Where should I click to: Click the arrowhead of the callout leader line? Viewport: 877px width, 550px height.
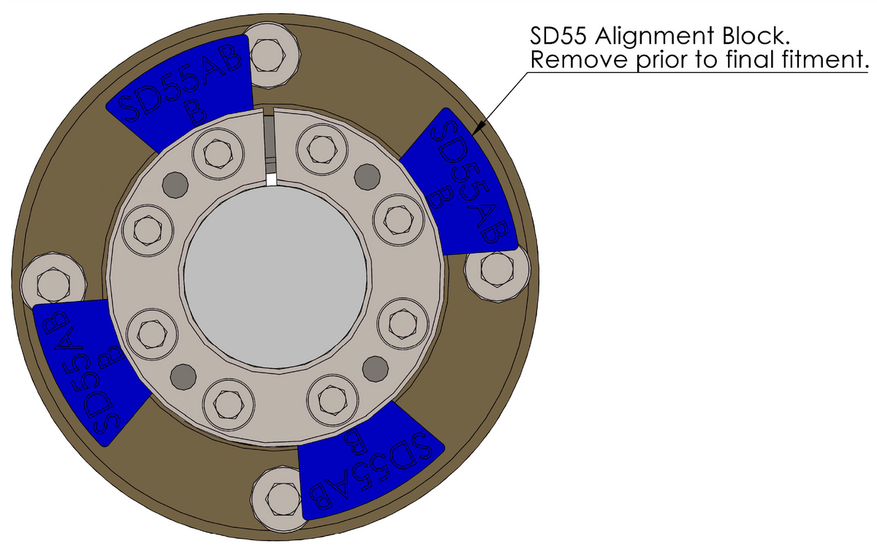(x=476, y=132)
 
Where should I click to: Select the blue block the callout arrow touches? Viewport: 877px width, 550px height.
(x=460, y=186)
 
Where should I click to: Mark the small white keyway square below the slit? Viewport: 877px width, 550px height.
(x=271, y=179)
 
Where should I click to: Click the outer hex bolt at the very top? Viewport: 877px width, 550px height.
(x=274, y=48)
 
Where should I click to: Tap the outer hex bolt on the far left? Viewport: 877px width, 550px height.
(x=48, y=280)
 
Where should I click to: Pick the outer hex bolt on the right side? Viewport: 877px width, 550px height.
(x=499, y=270)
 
